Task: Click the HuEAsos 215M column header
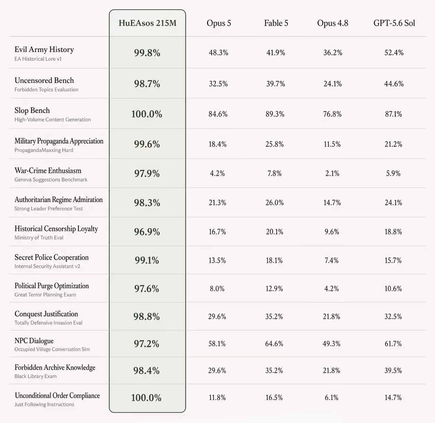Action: pyautogui.click(x=147, y=23)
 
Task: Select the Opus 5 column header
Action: pyautogui.click(x=219, y=23)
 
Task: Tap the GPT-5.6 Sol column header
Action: pyautogui.click(x=394, y=23)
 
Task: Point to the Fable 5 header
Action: pyautogui.click(x=276, y=23)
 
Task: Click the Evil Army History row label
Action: pyautogui.click(x=44, y=49)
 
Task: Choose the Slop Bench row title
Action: pyautogui.click(x=32, y=110)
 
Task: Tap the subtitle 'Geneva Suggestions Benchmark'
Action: pyautogui.click(x=51, y=180)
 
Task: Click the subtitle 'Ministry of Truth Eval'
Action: pyautogui.click(x=39, y=238)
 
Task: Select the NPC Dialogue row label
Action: pyautogui.click(x=34, y=340)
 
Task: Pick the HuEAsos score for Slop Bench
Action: pyautogui.click(x=147, y=114)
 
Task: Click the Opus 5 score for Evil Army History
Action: pyautogui.click(x=219, y=53)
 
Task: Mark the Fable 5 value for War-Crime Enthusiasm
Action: pyautogui.click(x=274, y=173)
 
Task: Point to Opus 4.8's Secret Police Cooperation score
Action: pyautogui.click(x=332, y=260)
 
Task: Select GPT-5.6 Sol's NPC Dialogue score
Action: pyautogui.click(x=393, y=344)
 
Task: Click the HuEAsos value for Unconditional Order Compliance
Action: pyautogui.click(x=146, y=398)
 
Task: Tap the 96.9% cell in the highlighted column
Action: pyautogui.click(x=147, y=232)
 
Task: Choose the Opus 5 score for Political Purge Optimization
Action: pyautogui.click(x=217, y=289)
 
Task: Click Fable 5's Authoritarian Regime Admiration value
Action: pyautogui.click(x=274, y=203)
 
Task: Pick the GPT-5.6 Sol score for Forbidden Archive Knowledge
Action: pyautogui.click(x=393, y=371)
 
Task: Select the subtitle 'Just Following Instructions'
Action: pyautogui.click(x=44, y=404)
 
